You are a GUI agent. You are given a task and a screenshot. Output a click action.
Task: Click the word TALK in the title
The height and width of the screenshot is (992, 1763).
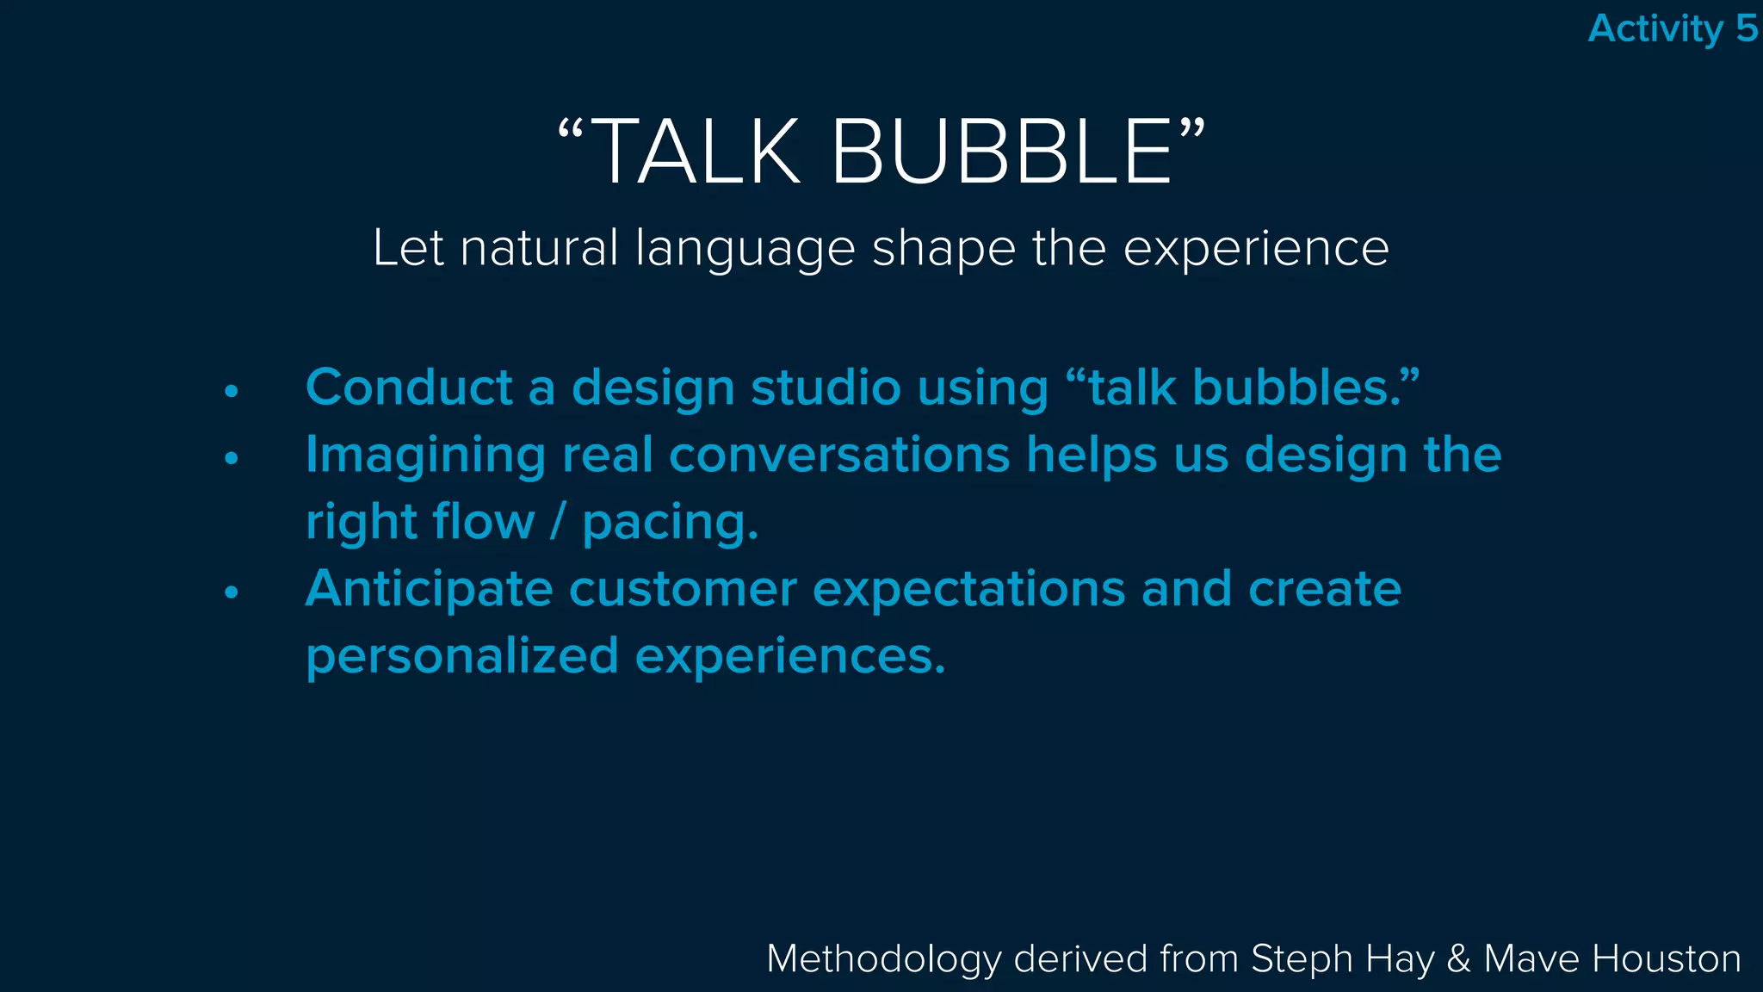point(696,152)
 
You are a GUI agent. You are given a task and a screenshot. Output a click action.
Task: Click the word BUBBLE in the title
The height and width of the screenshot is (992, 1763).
point(1001,152)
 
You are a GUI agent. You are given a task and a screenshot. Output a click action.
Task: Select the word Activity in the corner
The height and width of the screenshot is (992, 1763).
point(1655,29)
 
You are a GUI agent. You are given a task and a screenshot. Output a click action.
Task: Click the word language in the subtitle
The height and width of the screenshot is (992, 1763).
point(745,250)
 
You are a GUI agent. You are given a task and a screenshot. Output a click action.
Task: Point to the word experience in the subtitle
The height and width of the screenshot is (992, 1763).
point(1256,250)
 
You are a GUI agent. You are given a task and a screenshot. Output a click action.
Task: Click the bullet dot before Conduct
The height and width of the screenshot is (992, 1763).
point(231,391)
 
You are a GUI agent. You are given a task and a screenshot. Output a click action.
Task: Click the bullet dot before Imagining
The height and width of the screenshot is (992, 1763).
point(231,458)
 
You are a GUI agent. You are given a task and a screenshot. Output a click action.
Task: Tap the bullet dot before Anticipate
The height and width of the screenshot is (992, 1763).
point(231,592)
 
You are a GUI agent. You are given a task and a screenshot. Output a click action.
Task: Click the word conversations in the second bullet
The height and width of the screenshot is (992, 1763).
point(839,455)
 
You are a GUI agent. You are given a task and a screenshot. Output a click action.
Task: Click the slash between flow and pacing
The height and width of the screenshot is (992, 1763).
point(558,522)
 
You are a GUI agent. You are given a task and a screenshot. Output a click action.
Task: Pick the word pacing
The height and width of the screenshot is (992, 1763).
point(670,524)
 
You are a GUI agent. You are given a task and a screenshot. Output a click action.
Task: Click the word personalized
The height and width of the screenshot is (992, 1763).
point(462,657)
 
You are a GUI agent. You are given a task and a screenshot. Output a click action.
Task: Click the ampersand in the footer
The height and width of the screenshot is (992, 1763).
point(1458,959)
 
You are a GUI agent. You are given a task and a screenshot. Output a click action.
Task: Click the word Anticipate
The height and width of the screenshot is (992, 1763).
point(429,591)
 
